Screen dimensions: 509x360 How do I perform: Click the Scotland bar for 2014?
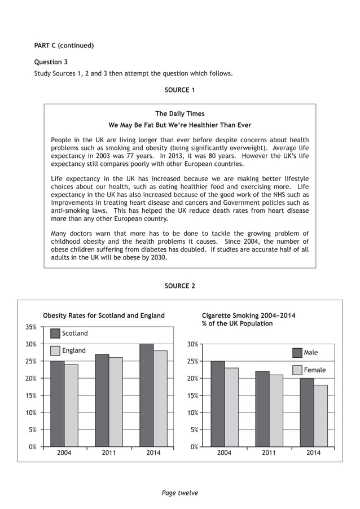[146, 395]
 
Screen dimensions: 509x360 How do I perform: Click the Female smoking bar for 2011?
[276, 410]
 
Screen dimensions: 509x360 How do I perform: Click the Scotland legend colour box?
[55, 334]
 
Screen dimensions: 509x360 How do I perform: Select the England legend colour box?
[55, 350]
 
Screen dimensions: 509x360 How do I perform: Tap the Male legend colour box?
[297, 353]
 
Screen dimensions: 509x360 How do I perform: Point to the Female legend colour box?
[297, 370]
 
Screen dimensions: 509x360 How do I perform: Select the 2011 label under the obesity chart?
[109, 453]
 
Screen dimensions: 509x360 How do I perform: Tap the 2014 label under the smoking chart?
[313, 453]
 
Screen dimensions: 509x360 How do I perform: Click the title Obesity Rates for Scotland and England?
[104, 315]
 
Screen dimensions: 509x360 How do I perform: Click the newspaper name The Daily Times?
[180, 114]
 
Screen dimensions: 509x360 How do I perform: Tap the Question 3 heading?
[51, 62]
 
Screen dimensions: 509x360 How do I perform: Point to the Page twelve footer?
[180, 493]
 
